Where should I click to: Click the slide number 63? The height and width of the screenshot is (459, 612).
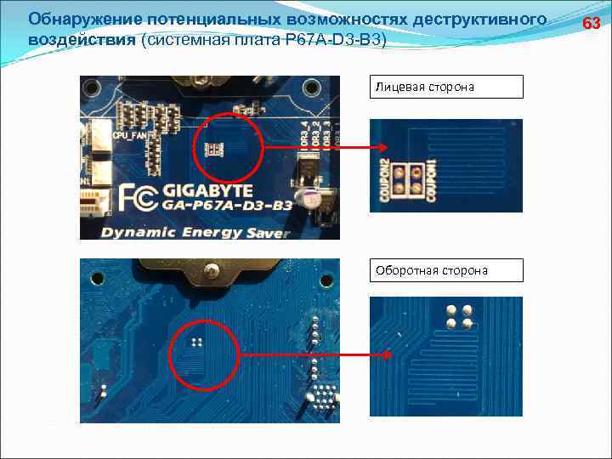coord(591,23)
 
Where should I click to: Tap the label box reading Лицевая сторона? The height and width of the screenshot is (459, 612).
coord(445,87)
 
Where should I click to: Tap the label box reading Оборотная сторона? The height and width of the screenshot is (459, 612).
coord(445,270)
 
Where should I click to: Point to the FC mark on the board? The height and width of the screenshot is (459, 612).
coord(138,197)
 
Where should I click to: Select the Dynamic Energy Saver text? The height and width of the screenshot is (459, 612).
coord(195,231)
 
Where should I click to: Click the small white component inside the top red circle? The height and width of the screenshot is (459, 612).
coord(213,149)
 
